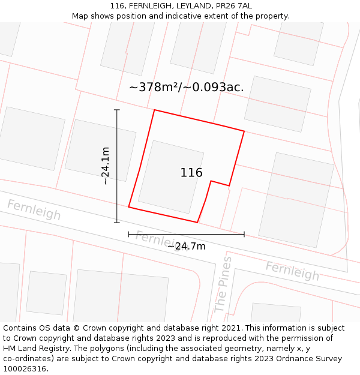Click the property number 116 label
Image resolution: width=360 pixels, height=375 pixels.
(191, 173)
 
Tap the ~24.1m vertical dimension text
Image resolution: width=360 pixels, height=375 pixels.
(105, 166)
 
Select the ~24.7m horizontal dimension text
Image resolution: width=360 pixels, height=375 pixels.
(186, 246)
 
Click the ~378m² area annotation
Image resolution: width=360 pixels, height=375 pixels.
(186, 87)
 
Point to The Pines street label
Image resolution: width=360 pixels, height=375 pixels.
(223, 284)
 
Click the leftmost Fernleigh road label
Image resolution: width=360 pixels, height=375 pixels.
(34, 209)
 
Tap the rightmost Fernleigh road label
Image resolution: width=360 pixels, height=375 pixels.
(292, 271)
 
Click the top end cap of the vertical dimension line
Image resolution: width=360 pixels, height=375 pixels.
(117, 110)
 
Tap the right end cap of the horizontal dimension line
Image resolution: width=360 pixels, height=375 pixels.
(244, 234)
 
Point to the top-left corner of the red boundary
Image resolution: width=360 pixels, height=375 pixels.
(155, 110)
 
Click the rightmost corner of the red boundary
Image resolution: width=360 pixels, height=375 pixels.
(244, 131)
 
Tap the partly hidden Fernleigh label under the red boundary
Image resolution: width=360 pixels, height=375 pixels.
(155, 239)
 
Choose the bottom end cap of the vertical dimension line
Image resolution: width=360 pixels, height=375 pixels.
(117, 223)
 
